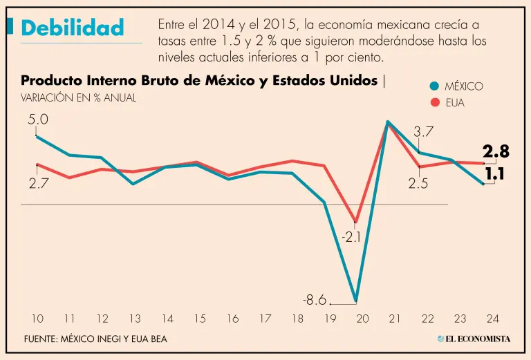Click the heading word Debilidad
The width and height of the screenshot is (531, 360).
click(72, 28)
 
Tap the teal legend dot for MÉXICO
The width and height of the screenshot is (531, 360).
click(434, 86)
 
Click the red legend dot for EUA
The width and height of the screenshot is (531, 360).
click(434, 104)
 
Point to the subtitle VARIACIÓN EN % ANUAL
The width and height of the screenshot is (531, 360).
click(78, 98)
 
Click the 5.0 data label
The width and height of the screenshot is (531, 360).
click(38, 120)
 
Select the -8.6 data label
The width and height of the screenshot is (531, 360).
click(314, 301)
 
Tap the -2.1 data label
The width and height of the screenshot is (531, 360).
click(352, 237)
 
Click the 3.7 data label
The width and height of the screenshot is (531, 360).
click(423, 131)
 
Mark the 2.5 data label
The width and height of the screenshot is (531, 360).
click(418, 184)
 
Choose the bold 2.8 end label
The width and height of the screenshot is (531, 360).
click(495, 152)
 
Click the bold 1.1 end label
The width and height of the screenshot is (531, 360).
click(495, 175)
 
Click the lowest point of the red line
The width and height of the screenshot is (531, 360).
click(355, 222)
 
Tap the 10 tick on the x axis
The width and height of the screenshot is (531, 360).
click(37, 319)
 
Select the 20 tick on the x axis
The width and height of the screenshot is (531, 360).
click(362, 319)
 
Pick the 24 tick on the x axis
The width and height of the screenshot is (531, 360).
click(492, 319)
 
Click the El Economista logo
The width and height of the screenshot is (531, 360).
click(474, 339)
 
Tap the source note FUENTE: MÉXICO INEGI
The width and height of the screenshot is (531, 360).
click(95, 339)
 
